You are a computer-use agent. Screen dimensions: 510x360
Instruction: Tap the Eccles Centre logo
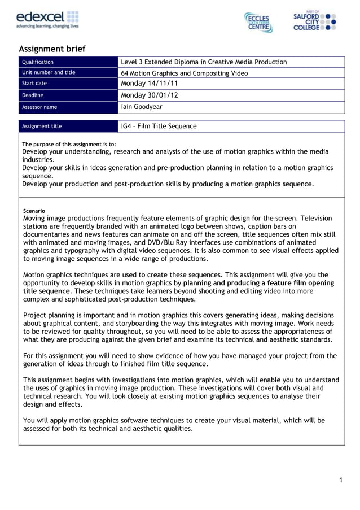[258, 22]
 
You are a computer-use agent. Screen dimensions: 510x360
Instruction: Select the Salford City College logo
[315, 21]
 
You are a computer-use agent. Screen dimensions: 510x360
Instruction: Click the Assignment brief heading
[52, 49]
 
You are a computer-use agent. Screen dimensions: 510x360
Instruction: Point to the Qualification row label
[37, 62]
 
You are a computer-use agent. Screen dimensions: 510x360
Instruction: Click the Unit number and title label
[48, 73]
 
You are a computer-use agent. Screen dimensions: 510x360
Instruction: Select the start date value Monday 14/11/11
[150, 84]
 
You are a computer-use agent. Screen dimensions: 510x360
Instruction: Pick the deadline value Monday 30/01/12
[150, 95]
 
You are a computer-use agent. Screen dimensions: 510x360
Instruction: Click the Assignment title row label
[41, 126]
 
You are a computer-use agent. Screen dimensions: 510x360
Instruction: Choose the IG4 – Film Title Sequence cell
[159, 126]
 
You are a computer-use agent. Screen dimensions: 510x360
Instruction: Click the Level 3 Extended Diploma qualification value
[204, 62]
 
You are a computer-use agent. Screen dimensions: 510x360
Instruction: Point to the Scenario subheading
[34, 211]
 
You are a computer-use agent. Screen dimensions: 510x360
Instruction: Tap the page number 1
[341, 480]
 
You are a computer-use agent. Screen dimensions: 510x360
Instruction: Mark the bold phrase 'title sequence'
[47, 291]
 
